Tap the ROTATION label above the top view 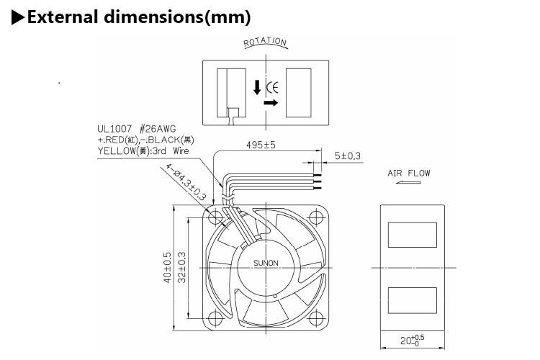[265, 42]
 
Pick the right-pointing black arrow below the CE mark [271, 104]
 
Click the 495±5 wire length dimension [261, 145]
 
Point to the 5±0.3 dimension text [348, 156]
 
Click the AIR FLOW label [409, 174]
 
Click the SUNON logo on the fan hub [266, 263]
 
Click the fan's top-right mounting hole [315, 215]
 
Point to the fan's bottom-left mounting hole [215, 318]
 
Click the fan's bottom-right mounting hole [315, 318]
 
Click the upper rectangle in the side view [413, 235]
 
